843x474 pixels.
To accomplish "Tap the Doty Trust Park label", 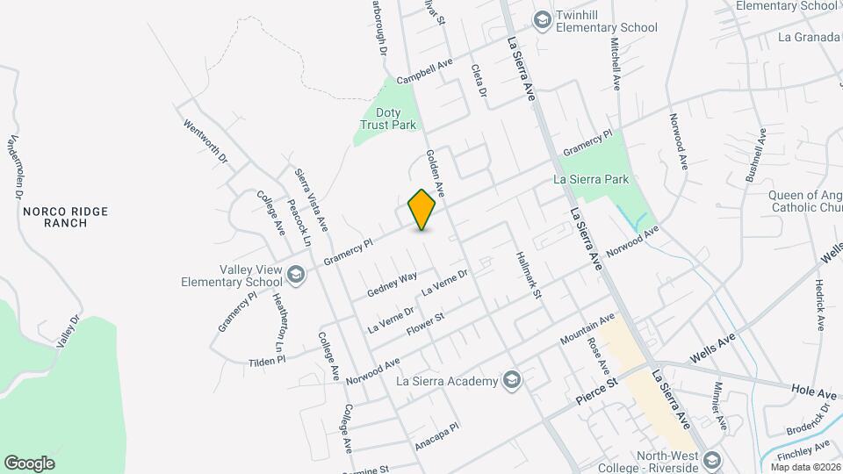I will (389, 118).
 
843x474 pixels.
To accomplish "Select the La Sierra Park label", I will (592, 179).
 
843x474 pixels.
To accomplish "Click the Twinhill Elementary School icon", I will (542, 19).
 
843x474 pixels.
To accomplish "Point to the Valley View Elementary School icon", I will (296, 276).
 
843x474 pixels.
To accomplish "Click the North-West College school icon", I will (712, 461).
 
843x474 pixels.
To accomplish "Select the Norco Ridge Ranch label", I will (54, 217).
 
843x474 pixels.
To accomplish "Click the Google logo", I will (29, 463).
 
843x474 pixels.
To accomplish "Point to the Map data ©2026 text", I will (805, 467).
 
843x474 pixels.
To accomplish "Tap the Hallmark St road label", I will (528, 276).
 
